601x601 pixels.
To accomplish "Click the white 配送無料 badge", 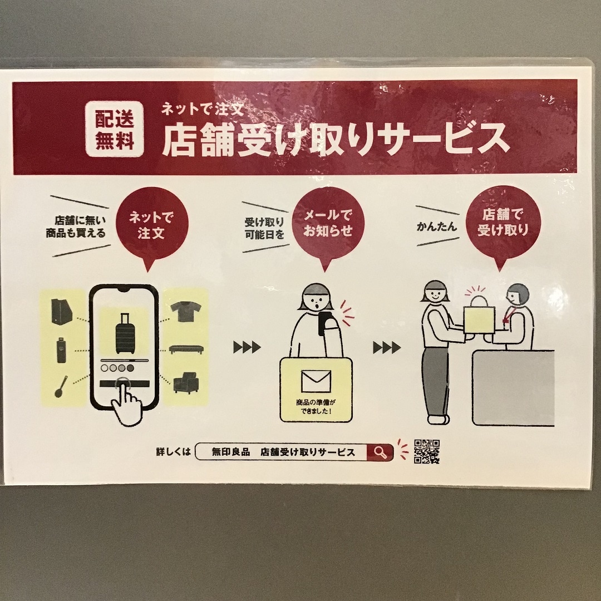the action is click(x=115, y=129).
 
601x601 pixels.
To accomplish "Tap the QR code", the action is click(x=427, y=451).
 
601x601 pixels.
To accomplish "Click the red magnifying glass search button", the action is click(x=380, y=452).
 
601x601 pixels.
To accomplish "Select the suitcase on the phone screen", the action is click(x=125, y=333).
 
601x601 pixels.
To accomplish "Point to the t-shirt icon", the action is click(x=186, y=311).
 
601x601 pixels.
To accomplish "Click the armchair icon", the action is click(x=186, y=382).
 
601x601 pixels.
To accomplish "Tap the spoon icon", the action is click(x=61, y=386).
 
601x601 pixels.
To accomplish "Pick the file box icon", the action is click(x=62, y=311).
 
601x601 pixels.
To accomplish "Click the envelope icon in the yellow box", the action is click(x=316, y=381).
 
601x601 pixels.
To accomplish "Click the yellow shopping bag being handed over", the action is click(x=479, y=318).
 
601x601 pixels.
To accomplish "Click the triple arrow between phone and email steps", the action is click(x=247, y=347).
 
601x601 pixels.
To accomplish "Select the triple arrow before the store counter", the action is click(x=387, y=348).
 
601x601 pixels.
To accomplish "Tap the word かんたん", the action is click(x=437, y=226).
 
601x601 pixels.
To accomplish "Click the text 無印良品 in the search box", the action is click(x=231, y=452).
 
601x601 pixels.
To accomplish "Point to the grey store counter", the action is click(x=513, y=388).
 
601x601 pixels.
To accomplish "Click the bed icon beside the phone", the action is click(x=186, y=349).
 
